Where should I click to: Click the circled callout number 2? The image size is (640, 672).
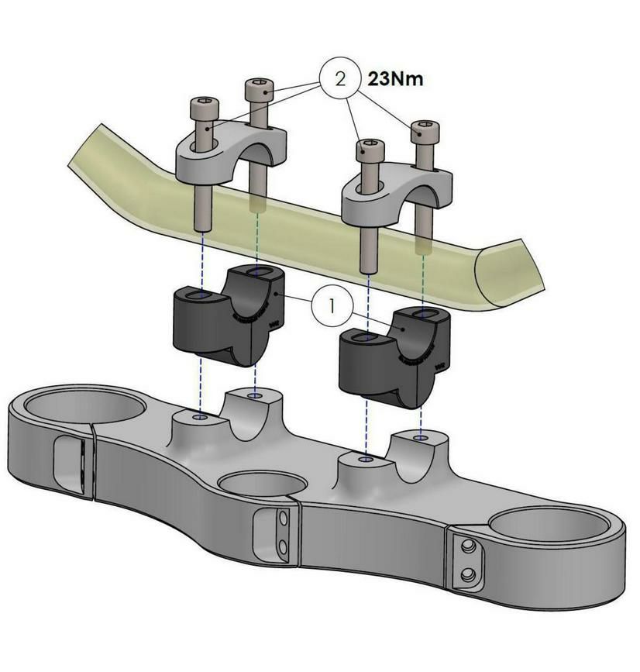point(340,79)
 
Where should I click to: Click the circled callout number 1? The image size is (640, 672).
point(332,306)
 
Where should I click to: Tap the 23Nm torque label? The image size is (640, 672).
point(395,79)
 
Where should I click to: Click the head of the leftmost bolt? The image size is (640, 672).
point(205,108)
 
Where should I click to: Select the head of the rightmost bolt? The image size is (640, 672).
point(425,132)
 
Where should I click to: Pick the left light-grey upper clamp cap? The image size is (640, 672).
point(232,153)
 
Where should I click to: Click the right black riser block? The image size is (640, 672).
point(394,357)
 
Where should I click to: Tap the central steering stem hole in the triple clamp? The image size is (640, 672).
point(262,484)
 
